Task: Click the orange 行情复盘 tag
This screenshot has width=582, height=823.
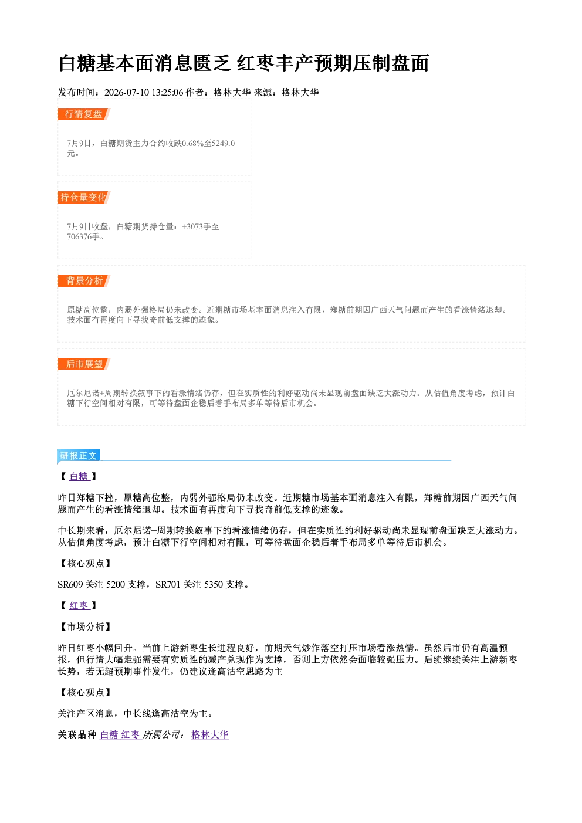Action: point(84,114)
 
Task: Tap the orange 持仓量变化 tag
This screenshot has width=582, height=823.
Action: point(84,197)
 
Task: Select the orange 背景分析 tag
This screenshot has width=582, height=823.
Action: point(84,281)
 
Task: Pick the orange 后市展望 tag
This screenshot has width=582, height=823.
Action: point(84,364)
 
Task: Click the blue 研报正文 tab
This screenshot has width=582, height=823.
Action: point(79,456)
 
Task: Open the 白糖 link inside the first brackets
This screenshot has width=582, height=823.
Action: point(79,477)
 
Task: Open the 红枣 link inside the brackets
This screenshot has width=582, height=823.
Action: point(79,605)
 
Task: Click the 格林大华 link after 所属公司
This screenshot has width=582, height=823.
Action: point(210,734)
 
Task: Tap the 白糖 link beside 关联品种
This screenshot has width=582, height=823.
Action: point(109,734)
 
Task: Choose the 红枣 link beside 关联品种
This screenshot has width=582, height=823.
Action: point(130,734)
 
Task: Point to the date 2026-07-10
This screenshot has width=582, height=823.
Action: point(127,92)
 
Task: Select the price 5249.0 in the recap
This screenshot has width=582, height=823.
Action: point(223,143)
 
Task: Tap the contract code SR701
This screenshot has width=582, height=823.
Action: point(168,585)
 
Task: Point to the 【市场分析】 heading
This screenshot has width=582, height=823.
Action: point(85,627)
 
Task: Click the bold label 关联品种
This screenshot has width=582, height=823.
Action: point(77,734)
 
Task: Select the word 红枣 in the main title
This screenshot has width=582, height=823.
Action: point(256,63)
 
